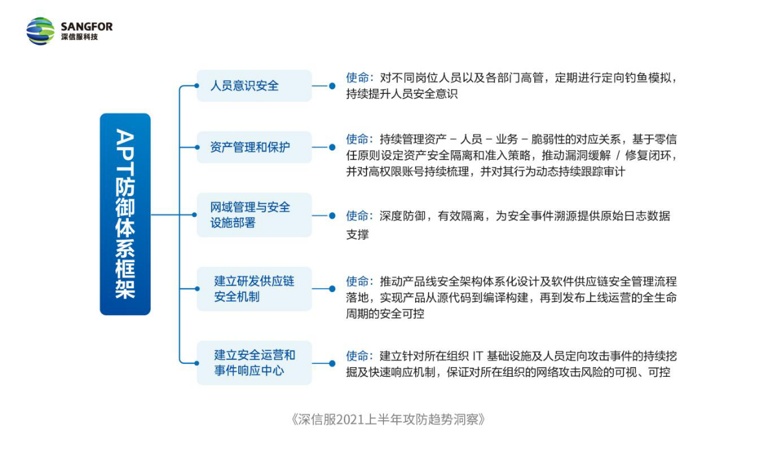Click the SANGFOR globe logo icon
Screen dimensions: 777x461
(41, 31)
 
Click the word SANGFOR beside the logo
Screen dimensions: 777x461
(87, 27)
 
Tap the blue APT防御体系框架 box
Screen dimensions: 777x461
(125, 214)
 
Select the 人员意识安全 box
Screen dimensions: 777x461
(254, 85)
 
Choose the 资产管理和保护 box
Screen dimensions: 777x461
(254, 147)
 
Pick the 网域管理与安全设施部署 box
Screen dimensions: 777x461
(254, 215)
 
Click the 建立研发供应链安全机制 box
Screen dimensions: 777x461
(254, 289)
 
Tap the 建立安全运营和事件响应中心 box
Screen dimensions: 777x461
(254, 363)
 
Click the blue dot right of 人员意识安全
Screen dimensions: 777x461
(332, 85)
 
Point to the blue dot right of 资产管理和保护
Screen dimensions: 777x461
(332, 147)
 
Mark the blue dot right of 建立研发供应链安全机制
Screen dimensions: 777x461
(332, 289)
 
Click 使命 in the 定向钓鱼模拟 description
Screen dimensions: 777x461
(357, 78)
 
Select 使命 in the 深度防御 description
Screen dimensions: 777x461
(357, 216)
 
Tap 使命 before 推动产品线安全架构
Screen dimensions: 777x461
(357, 281)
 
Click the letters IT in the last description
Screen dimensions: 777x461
(478, 356)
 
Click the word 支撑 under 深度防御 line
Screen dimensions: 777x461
(357, 234)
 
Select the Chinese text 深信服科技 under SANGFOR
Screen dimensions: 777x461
(80, 37)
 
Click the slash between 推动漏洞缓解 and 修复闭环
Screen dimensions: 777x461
(618, 155)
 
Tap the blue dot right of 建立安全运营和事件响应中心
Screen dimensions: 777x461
(332, 363)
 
